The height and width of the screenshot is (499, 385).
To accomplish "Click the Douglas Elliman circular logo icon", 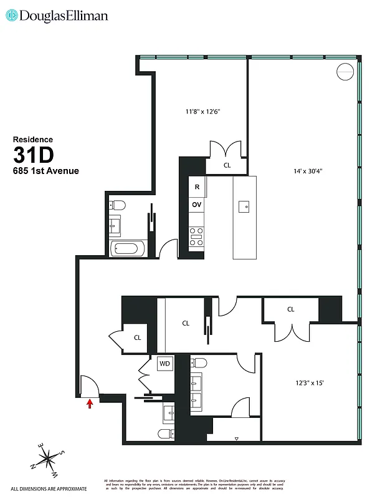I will [x=12, y=16].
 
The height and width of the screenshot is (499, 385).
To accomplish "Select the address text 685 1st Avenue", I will [x=46, y=171].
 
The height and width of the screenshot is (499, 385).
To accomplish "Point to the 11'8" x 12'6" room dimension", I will [x=203, y=112].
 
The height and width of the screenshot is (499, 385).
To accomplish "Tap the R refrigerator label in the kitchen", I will [x=197, y=187].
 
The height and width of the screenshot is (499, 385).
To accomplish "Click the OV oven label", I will [x=197, y=205].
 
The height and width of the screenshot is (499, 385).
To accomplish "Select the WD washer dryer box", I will [x=164, y=363].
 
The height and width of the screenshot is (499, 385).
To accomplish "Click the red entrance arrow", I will [x=90, y=404].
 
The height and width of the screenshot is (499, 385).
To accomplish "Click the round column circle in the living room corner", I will [x=345, y=72].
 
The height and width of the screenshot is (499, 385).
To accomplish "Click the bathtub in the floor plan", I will [x=128, y=249].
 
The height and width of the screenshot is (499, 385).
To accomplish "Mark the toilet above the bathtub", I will [x=118, y=205].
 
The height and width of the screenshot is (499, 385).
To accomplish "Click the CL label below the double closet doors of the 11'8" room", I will [x=227, y=166].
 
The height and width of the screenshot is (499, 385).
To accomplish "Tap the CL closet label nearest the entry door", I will [x=137, y=338].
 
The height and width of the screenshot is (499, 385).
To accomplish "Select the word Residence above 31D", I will [x=33, y=140].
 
